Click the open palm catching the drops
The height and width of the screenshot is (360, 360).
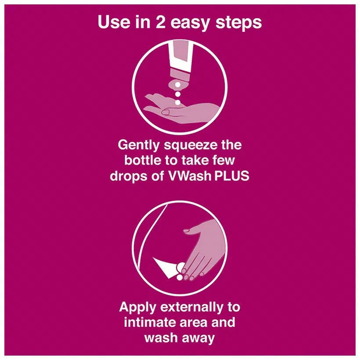point(176,108)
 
